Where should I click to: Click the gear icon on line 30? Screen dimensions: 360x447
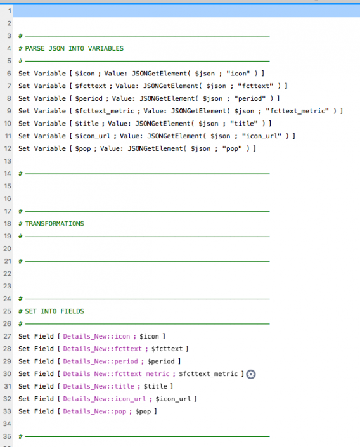point(251,374)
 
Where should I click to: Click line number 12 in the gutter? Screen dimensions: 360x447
point(8,148)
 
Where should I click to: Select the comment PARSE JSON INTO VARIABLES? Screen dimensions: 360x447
point(74,48)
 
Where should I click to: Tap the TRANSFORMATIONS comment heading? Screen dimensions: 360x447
point(55,223)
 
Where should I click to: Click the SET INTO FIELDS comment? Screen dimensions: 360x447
point(55,311)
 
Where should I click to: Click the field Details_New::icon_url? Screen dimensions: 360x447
point(105,399)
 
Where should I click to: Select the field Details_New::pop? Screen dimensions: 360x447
point(94,411)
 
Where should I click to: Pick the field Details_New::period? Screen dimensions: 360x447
point(100,361)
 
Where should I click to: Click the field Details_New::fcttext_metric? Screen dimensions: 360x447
point(116,373)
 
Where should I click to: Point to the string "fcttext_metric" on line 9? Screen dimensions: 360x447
point(297,111)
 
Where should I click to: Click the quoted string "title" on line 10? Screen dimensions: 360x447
point(244,124)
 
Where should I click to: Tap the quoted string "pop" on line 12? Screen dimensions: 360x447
point(232,148)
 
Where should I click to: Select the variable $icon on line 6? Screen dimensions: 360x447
point(85,74)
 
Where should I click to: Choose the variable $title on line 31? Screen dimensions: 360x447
point(155,386)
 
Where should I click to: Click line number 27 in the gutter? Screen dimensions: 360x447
point(8,336)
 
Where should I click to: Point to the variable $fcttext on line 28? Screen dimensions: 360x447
point(167,349)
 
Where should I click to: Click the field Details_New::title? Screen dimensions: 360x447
point(98,386)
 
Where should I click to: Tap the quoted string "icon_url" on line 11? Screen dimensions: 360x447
point(261,136)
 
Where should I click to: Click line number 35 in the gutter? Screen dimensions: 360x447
point(8,436)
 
